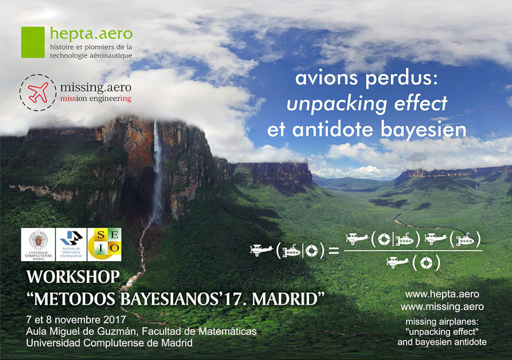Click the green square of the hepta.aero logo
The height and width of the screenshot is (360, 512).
click(x=33, y=43)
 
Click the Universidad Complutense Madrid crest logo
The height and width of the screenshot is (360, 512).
click(x=38, y=245)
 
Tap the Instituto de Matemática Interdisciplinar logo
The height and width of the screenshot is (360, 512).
click(x=71, y=245)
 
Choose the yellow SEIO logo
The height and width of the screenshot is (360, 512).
click(x=105, y=245)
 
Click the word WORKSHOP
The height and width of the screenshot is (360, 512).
click(x=73, y=277)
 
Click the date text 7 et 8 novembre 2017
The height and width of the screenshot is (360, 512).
click(x=76, y=320)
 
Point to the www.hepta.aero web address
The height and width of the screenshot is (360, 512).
click(x=442, y=294)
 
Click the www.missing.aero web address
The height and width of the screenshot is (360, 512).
click(x=442, y=307)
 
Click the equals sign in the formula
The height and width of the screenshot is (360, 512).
click(x=333, y=251)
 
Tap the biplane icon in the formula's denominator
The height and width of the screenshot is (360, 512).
click(x=397, y=262)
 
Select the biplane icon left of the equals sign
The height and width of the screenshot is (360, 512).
click(x=261, y=250)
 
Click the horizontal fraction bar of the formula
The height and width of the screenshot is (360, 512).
click(x=413, y=250)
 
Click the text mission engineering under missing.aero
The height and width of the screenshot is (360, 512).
click(x=96, y=99)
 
